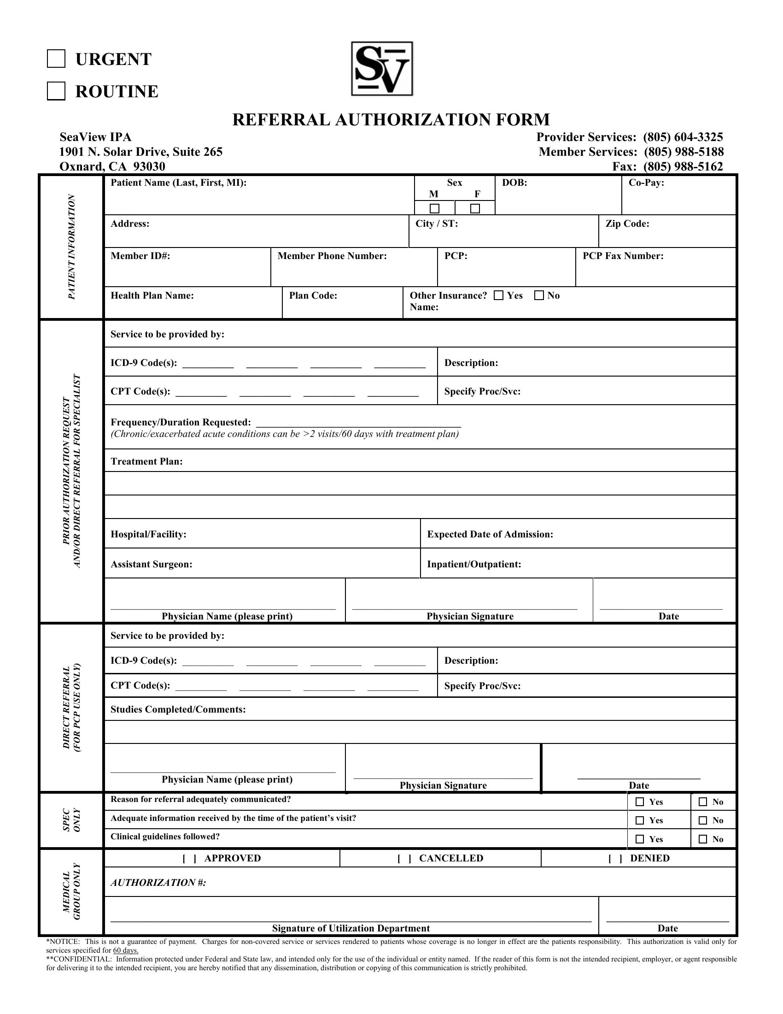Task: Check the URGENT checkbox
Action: [56, 59]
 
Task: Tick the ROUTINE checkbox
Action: [56, 91]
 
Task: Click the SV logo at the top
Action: [382, 69]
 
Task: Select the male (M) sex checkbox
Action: [434, 208]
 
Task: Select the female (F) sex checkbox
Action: [475, 208]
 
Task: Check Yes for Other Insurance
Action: [499, 295]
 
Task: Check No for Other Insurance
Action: [539, 295]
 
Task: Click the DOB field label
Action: [514, 183]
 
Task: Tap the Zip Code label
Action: [627, 224]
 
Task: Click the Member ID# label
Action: [140, 256]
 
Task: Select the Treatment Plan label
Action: [146, 461]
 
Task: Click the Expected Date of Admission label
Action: [490, 534]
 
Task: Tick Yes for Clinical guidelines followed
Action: [640, 839]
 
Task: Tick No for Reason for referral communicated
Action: [703, 802]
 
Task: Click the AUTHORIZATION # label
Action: [158, 882]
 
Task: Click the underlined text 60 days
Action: [126, 950]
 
